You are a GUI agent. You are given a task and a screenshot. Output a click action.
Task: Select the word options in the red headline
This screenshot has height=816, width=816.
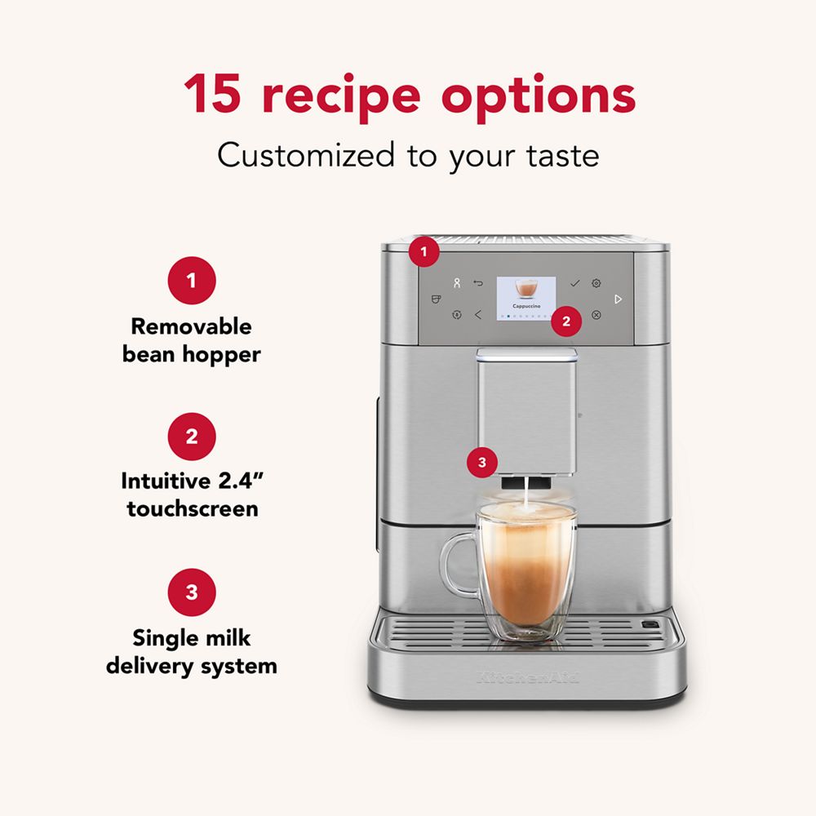(x=539, y=95)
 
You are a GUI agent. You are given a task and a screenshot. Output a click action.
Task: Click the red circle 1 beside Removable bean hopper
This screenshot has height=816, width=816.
(x=191, y=282)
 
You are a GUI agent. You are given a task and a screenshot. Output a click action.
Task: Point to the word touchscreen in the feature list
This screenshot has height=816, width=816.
(x=192, y=509)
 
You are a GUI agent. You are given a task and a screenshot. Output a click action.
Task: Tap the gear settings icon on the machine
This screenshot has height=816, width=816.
(x=596, y=283)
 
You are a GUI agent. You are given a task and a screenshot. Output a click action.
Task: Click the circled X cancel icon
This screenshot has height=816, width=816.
(x=596, y=314)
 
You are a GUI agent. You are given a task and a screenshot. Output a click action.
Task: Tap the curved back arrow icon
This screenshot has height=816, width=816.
(x=478, y=283)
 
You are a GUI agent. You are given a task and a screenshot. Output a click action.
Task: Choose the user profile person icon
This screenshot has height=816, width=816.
(x=457, y=283)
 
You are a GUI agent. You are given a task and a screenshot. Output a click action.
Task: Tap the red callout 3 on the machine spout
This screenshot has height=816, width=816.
(x=481, y=463)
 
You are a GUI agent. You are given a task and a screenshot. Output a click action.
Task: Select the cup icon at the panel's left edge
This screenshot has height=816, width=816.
(x=436, y=299)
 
